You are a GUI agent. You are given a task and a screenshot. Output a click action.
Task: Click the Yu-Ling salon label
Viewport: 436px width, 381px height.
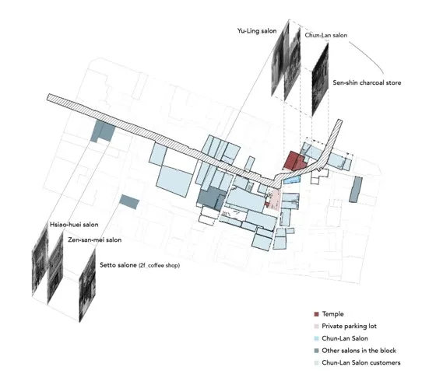coord(257,31)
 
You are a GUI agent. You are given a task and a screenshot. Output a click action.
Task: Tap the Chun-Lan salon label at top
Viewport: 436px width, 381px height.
coord(326,35)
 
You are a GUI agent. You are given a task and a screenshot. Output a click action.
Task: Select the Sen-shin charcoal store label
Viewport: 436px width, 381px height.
coord(367,82)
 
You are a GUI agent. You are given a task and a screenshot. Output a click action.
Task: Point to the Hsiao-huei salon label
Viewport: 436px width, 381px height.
coord(74,225)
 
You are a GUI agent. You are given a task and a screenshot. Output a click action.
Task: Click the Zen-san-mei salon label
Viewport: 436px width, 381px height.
coord(94,239)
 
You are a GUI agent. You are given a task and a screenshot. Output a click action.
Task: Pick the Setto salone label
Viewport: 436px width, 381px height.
coord(118,265)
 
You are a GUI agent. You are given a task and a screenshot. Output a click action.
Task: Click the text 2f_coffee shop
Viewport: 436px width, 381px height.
coord(160,265)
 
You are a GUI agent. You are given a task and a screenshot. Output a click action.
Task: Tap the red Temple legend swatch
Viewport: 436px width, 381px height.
coord(316,314)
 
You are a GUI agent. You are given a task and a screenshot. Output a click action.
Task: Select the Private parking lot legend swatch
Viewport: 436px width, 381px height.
coord(316,327)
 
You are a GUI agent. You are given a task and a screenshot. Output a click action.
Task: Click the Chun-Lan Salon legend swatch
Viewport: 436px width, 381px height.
coord(316,338)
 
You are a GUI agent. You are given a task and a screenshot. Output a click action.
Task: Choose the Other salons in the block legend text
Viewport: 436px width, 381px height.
coord(359,351)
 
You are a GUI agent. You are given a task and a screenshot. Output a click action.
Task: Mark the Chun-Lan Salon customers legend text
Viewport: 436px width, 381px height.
coord(361,362)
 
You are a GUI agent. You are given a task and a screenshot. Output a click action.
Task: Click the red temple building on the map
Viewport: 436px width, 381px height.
coord(295,162)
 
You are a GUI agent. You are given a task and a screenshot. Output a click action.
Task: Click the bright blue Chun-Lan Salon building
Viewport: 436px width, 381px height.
coord(292,180)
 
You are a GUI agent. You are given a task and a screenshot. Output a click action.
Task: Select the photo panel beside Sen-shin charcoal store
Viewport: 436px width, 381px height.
coord(320,79)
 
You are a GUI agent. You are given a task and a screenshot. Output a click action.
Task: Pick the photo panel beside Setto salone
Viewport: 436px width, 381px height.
coord(87,285)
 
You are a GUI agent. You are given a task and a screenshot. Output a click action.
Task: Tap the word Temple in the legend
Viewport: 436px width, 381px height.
coord(332,314)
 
